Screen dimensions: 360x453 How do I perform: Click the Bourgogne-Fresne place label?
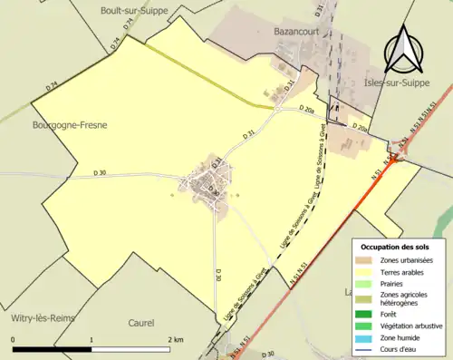click(x=69, y=126)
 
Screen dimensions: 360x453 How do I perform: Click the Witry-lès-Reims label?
click(x=43, y=319)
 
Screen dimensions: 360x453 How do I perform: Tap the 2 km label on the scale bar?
click(x=176, y=339)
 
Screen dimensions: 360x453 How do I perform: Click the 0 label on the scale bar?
click(x=14, y=339)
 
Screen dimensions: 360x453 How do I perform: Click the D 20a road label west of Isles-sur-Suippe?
click(x=311, y=110)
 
